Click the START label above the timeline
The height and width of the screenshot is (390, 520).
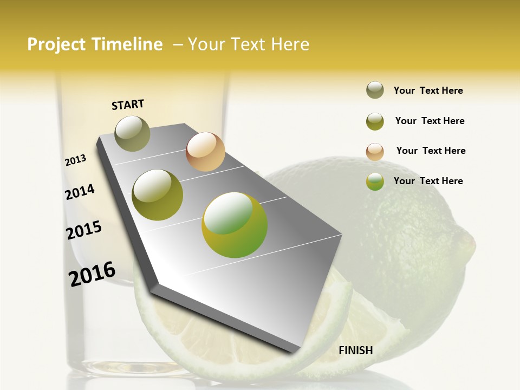[128, 105]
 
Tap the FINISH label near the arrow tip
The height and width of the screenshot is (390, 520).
[356, 350]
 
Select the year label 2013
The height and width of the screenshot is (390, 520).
[76, 160]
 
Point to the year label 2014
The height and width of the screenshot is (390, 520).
[80, 192]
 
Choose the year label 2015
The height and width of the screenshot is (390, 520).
[84, 230]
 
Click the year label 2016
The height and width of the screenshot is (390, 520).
[92, 274]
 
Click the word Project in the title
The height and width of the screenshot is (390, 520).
[57, 44]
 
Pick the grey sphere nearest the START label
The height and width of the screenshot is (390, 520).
[132, 133]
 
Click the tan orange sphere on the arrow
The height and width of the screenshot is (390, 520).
[205, 152]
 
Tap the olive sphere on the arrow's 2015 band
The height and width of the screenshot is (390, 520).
[158, 195]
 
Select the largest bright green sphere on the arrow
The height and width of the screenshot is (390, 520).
[235, 225]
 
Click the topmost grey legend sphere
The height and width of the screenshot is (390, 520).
[375, 90]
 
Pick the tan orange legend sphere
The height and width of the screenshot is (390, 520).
[375, 151]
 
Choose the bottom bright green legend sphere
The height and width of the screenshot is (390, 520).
[375, 181]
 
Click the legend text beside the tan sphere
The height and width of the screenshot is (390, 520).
[431, 151]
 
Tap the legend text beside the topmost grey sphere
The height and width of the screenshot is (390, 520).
[428, 90]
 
